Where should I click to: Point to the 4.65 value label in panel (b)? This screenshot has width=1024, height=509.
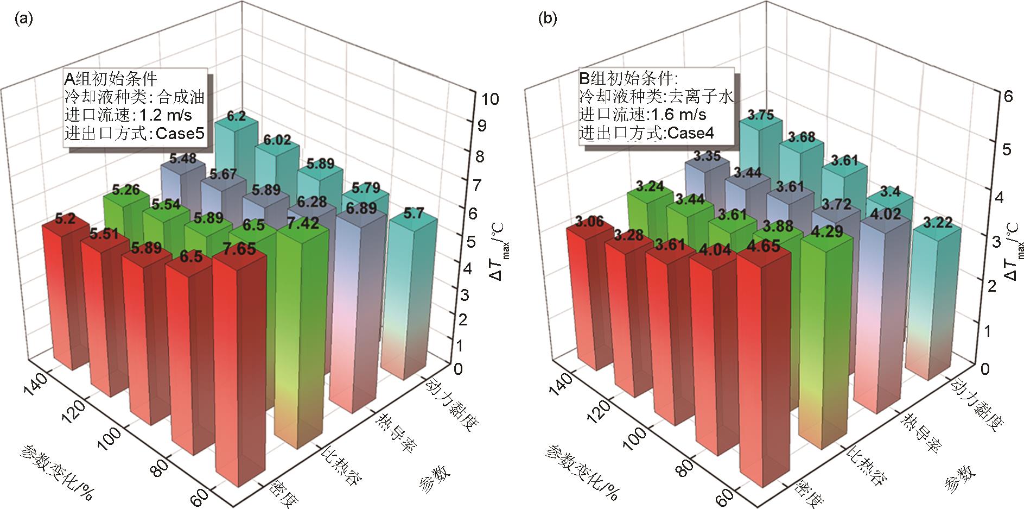pyautogui.click(x=764, y=246)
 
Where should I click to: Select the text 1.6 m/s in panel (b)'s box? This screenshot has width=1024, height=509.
pyautogui.click(x=678, y=115)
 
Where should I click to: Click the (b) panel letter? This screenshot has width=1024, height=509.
pyautogui.click(x=547, y=20)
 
